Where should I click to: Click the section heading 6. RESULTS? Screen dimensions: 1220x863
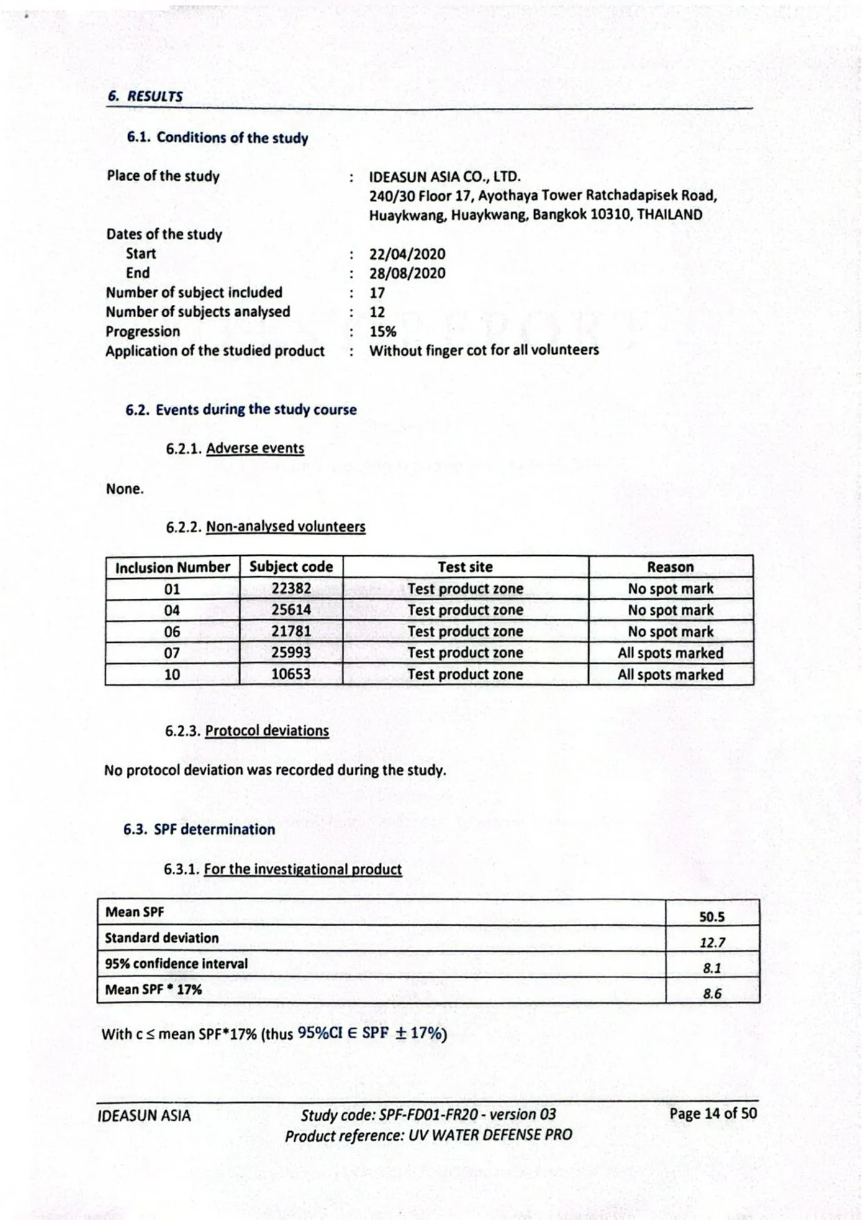tap(145, 96)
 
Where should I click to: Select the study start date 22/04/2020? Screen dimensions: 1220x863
tap(407, 254)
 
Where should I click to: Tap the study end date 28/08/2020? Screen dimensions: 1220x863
tap(407, 273)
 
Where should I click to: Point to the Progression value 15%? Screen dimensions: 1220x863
tap(383, 331)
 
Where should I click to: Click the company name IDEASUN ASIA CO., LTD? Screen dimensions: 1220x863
tap(444, 177)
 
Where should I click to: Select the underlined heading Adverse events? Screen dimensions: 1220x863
tap(255, 448)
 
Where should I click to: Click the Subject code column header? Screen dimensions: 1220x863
tap(291, 567)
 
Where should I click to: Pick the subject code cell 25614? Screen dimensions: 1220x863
tap(291, 610)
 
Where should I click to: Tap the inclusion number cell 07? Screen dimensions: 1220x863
tap(172, 653)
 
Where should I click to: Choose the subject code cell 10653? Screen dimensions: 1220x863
tap(291, 674)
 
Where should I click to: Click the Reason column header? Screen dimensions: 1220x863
tap(670, 567)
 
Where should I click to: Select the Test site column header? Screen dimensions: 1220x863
tap(465, 567)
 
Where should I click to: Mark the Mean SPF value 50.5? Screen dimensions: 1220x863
tap(712, 917)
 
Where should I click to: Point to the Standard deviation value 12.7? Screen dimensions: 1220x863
tap(712, 942)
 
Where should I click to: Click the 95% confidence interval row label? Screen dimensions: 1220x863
tap(176, 964)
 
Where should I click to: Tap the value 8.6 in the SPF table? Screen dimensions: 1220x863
tap(712, 994)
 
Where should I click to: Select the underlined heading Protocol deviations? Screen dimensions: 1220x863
tap(267, 731)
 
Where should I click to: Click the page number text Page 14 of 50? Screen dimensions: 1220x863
tap(713, 1113)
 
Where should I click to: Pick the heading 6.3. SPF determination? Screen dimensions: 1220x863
tap(199, 830)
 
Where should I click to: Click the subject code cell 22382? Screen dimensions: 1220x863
tap(291, 589)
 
